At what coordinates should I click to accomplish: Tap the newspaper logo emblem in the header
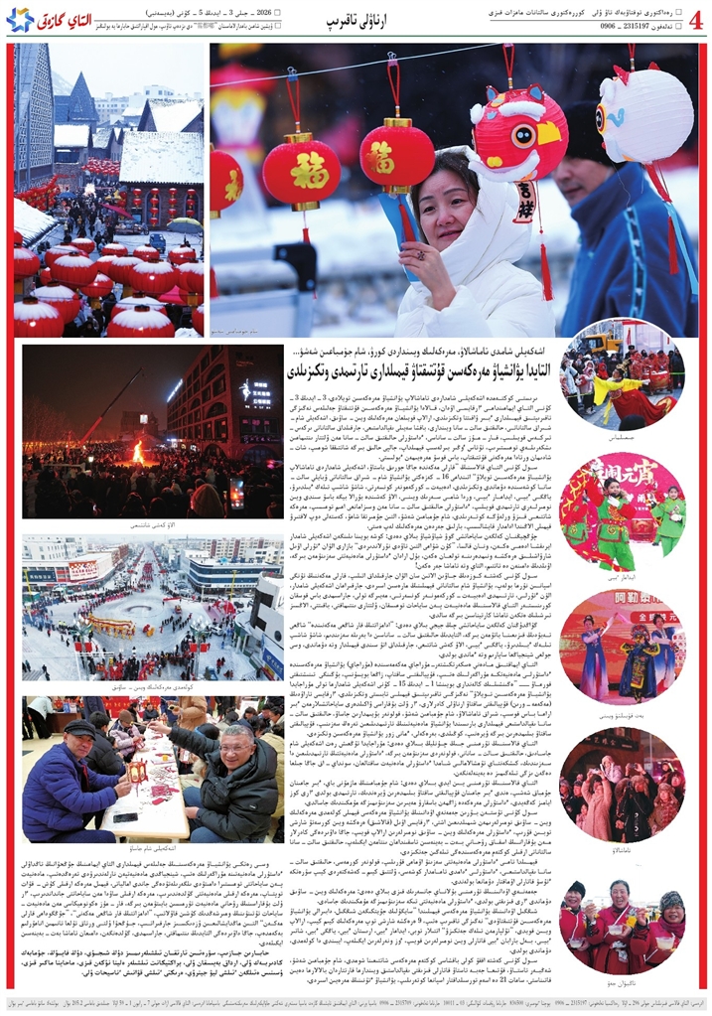point(20,19)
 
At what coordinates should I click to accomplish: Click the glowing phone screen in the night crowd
point(236,493)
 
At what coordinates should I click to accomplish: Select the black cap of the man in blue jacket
point(79,728)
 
